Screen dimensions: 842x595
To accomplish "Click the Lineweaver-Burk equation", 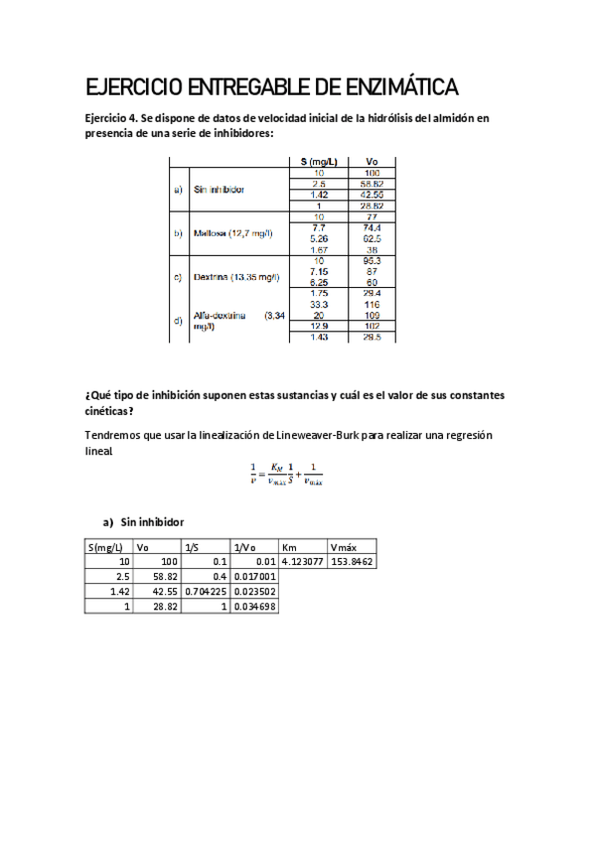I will (287, 475).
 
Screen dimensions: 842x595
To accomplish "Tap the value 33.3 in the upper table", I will (319, 304).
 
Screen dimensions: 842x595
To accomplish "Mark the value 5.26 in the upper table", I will (319, 238).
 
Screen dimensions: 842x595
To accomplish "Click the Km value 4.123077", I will (303, 562).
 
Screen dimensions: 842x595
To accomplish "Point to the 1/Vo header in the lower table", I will (244, 546).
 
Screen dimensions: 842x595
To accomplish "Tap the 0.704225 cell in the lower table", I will (206, 592).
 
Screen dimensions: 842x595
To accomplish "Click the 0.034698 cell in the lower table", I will (254, 607).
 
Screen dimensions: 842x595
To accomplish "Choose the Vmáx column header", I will (343, 546).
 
